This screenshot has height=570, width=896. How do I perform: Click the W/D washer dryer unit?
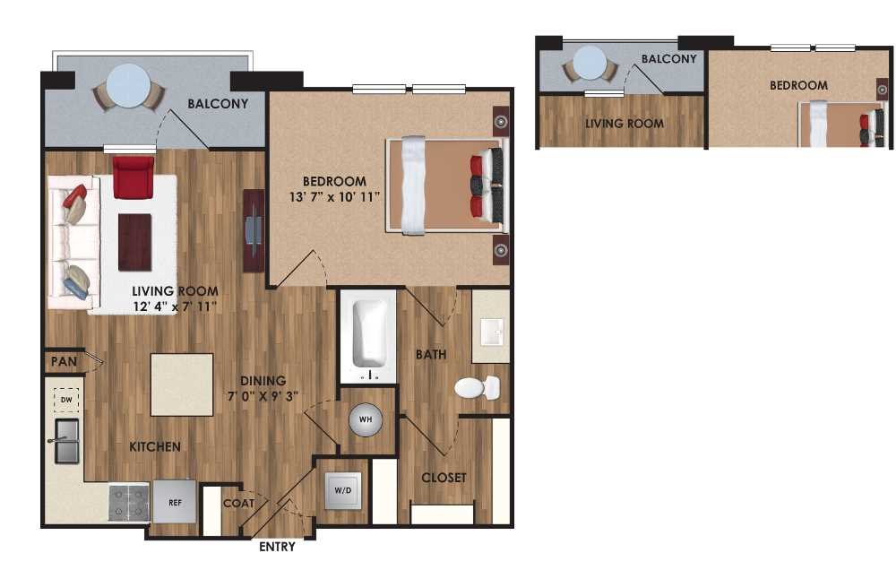pos(343,491)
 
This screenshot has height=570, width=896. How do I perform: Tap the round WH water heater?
pos(366,419)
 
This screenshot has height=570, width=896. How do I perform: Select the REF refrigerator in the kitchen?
pos(175,503)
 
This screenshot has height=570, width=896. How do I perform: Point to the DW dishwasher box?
pos(67,400)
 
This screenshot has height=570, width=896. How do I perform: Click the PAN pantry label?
pos(63,363)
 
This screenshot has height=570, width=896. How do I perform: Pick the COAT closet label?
pos(239,504)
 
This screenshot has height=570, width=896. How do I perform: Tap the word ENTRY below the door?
pos(277,546)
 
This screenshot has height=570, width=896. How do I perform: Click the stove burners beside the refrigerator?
pos(128,503)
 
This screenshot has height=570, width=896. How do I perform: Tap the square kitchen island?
pos(182,384)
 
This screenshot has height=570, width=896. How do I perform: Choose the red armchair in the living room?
pos(134,177)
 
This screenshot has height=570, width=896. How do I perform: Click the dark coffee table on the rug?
pos(135,242)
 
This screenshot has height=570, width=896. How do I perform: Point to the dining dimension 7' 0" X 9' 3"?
pos(263,394)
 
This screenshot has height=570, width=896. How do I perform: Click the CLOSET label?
pos(444,478)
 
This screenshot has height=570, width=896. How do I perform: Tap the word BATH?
pos(431,355)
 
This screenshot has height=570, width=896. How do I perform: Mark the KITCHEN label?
pos(155,446)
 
